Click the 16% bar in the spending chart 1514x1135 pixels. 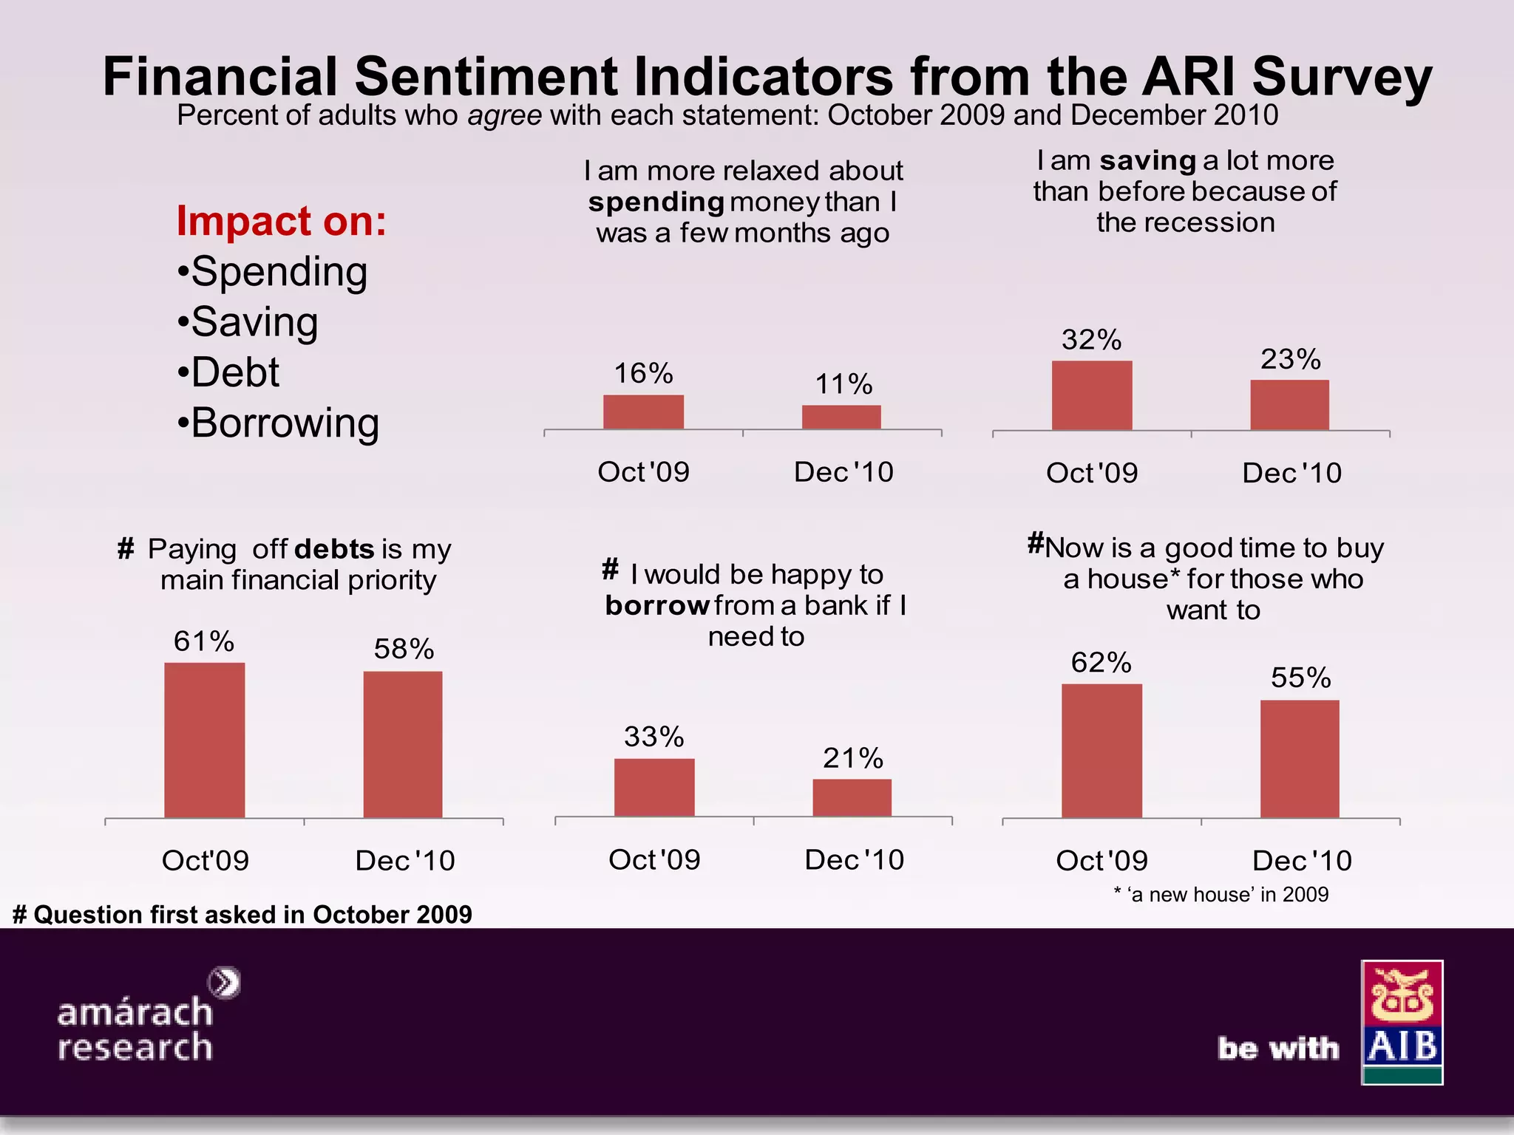click(643, 412)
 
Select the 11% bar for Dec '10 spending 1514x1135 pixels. click(841, 417)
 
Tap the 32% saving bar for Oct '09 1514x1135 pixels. click(1092, 395)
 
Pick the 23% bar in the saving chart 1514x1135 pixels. click(1289, 405)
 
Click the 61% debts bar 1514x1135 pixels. click(204, 740)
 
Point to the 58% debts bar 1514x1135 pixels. click(403, 744)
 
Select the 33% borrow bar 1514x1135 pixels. click(654, 787)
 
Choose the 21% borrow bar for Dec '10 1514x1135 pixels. click(852, 797)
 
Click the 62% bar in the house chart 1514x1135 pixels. click(1101, 750)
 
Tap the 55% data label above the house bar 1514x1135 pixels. click(1300, 678)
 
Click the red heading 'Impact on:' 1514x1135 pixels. click(281, 221)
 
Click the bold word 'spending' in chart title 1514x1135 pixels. click(656, 202)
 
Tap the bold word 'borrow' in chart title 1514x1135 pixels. click(657, 606)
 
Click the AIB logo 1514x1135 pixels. click(1402, 1022)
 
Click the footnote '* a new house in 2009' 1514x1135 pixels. click(1221, 894)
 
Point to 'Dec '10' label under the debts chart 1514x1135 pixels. click(404, 861)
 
